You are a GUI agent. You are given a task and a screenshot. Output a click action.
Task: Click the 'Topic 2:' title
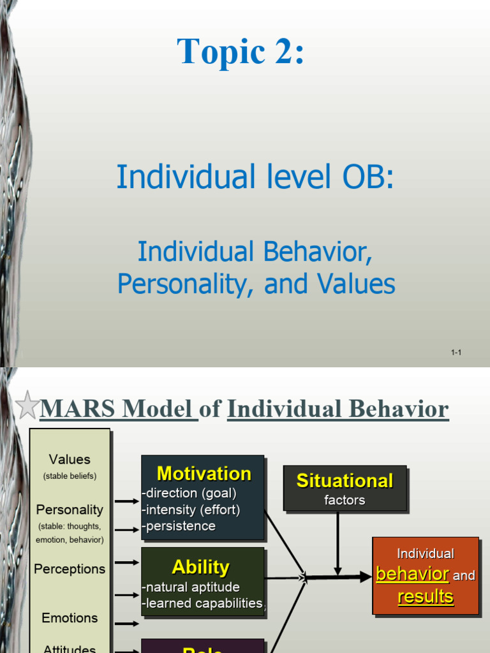click(x=241, y=51)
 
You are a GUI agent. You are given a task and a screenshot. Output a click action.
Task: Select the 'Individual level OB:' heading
click(x=255, y=177)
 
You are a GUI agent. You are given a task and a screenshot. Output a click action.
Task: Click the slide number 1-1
click(x=456, y=352)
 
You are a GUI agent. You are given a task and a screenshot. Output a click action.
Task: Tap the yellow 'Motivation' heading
click(x=204, y=473)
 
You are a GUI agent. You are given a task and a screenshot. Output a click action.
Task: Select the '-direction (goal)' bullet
click(x=189, y=493)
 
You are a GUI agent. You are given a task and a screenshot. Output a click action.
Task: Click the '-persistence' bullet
click(x=179, y=526)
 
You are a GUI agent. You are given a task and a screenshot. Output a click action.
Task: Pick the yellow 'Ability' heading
click(x=200, y=567)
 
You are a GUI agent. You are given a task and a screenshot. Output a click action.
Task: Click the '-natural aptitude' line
click(x=191, y=587)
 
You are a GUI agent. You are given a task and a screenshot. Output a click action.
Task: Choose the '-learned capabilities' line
click(x=202, y=603)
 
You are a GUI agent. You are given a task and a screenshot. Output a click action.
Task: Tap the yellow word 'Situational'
click(x=345, y=481)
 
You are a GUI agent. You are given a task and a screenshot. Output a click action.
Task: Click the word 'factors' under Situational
click(x=345, y=501)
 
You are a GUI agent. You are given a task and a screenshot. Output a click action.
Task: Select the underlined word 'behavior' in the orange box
click(x=412, y=574)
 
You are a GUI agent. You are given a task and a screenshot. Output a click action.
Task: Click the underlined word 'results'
click(x=426, y=597)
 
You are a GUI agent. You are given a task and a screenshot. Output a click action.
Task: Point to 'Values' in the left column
click(x=70, y=459)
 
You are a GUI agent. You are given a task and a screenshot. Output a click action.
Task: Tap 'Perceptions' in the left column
click(x=70, y=569)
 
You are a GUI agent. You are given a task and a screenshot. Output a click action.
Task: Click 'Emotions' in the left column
click(x=70, y=618)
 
